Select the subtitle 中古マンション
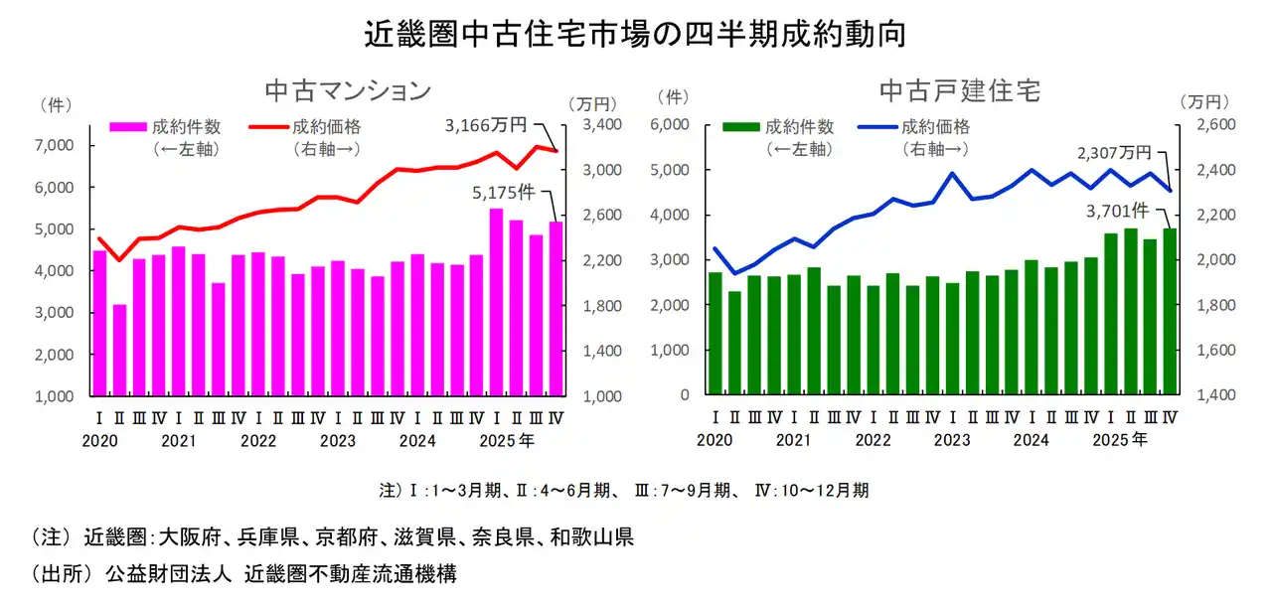point(347,90)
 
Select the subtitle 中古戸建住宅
point(960,90)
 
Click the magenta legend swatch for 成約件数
point(128,127)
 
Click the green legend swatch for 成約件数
point(741,127)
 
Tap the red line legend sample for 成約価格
point(267,127)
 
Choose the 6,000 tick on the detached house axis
point(671,125)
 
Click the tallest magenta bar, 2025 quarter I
point(497,302)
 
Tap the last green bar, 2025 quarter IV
point(1170,312)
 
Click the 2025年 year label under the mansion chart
point(515,438)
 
